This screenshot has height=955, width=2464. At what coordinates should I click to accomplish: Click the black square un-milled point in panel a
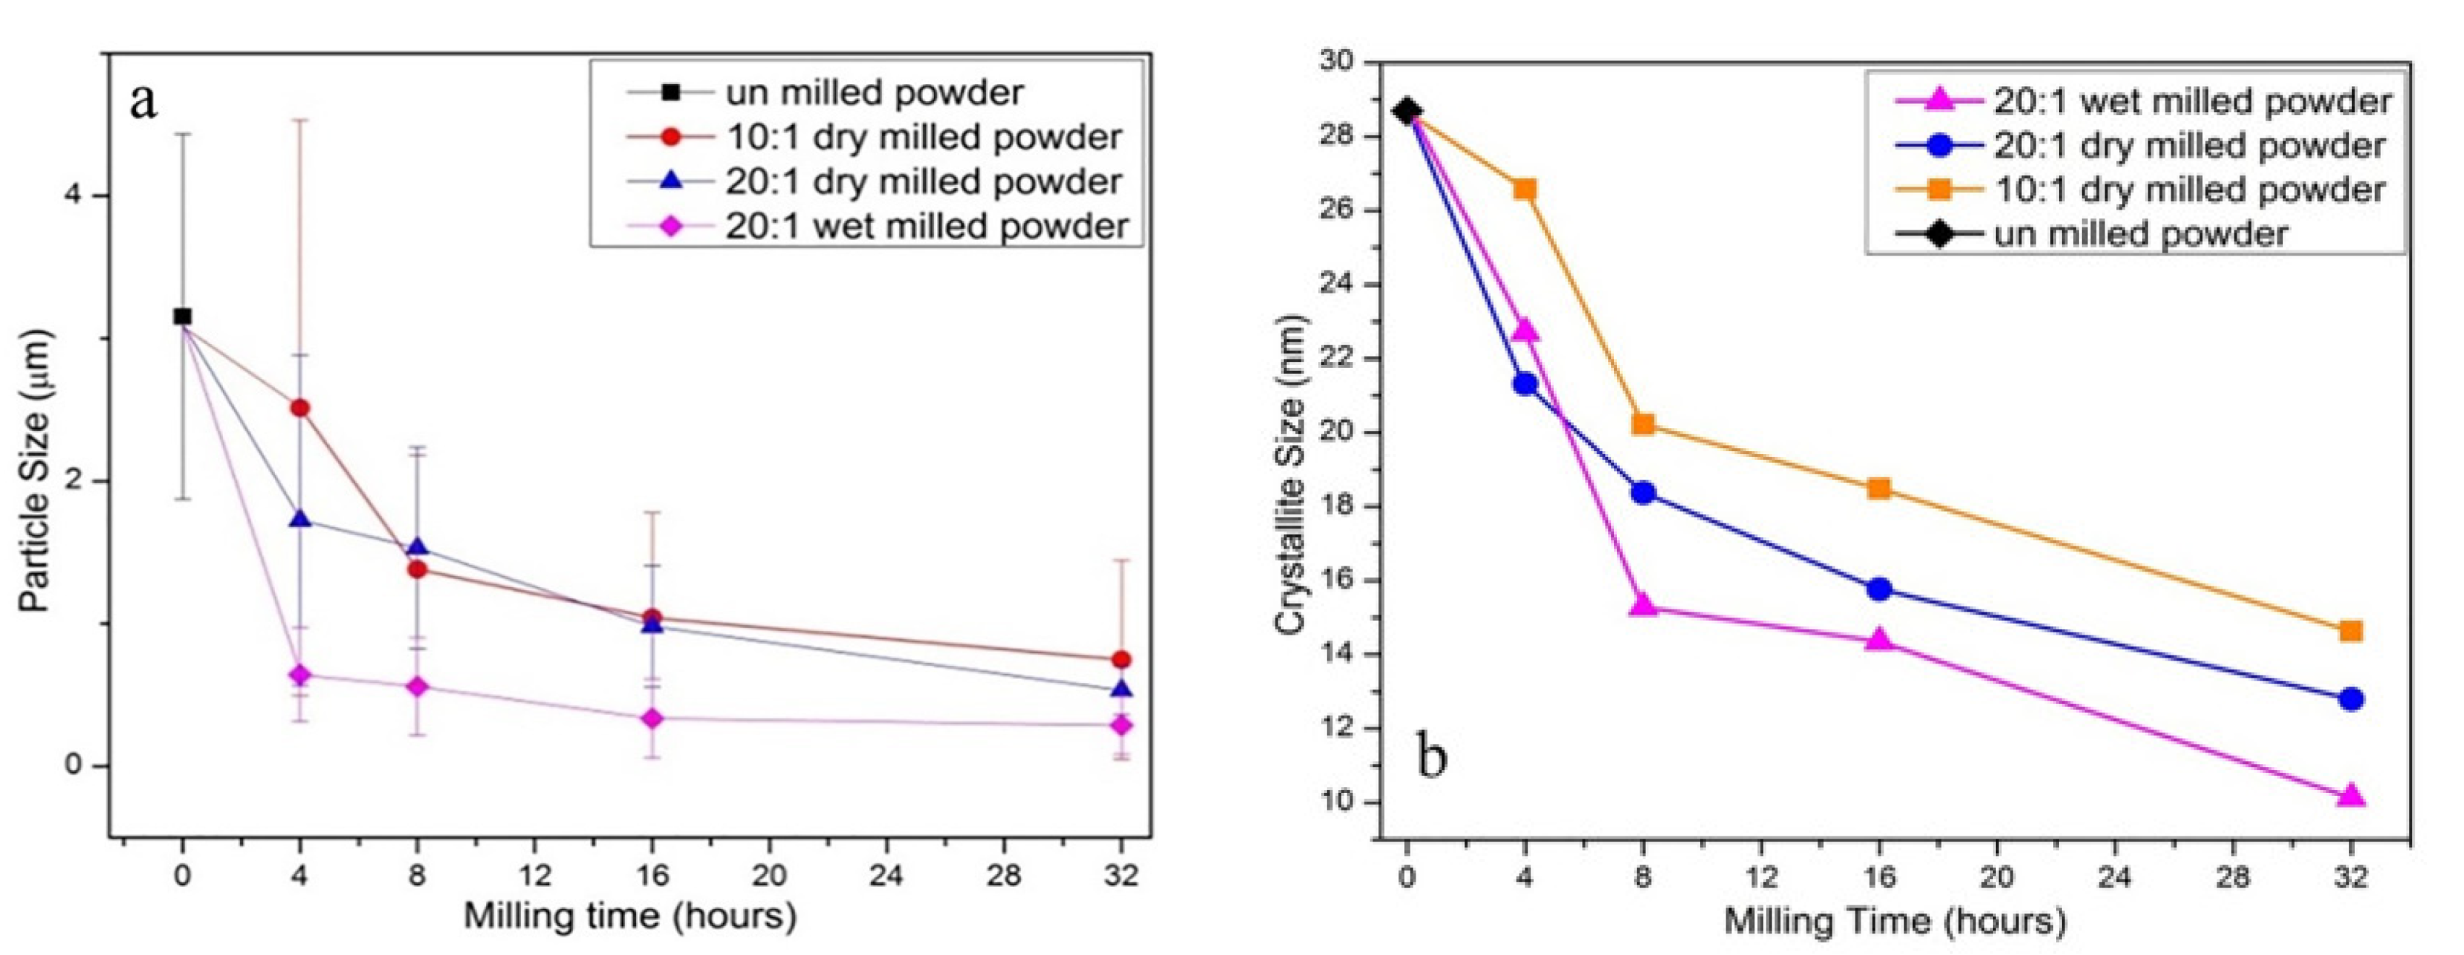(182, 317)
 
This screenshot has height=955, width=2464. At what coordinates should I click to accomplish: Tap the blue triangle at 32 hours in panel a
(1122, 689)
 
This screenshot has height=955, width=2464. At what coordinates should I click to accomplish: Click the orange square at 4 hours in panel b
(1525, 189)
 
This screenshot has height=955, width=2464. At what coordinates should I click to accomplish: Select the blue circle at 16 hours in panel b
(1879, 589)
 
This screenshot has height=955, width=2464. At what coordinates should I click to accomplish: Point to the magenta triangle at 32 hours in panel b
(2351, 795)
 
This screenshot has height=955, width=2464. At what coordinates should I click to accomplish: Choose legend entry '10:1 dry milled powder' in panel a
(923, 137)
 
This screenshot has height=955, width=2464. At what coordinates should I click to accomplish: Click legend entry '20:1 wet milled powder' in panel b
(2191, 101)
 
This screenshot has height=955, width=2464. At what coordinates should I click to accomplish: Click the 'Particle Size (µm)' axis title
(36, 471)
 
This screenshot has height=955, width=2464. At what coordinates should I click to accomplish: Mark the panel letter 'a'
(143, 100)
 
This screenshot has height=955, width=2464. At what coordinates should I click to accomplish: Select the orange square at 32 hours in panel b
(2351, 631)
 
